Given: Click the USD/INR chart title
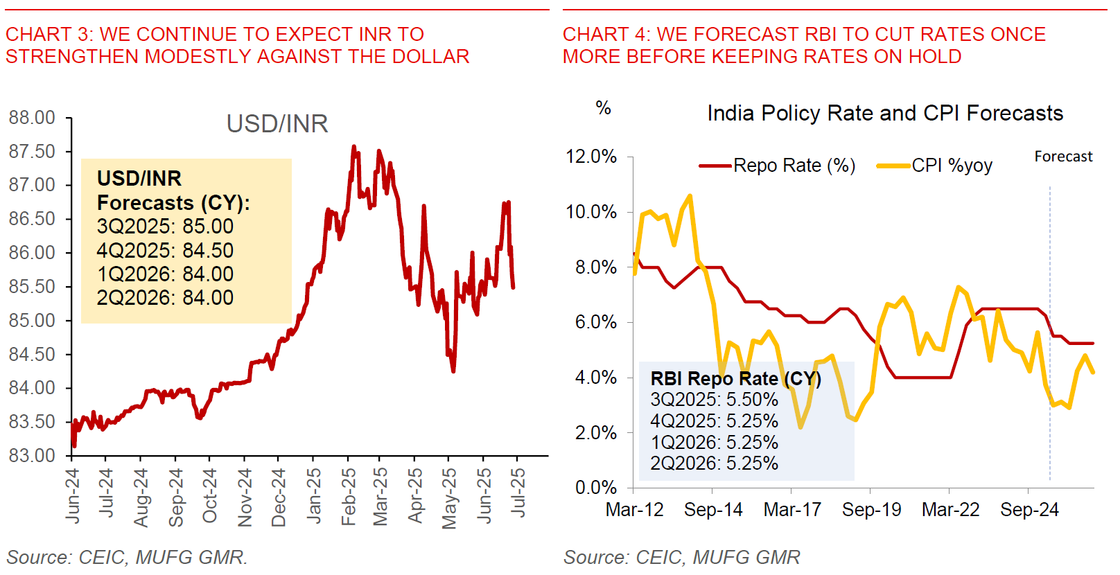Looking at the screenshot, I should (x=277, y=124).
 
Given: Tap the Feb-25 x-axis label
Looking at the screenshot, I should (x=348, y=496).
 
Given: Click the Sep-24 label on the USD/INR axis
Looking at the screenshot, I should (x=175, y=497).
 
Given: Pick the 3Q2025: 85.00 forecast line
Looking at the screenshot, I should (x=165, y=227).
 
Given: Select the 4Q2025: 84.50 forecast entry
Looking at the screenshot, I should (x=165, y=250).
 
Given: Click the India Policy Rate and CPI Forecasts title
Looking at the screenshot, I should (x=885, y=113).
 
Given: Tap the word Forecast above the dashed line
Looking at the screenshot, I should (x=1063, y=157).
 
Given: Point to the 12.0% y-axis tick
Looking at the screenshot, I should (x=591, y=157).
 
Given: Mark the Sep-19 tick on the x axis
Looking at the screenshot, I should (x=871, y=510).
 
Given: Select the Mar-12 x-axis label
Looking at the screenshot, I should (x=634, y=510).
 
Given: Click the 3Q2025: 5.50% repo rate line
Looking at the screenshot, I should (x=714, y=400).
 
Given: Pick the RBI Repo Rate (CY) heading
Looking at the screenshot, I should (x=735, y=378).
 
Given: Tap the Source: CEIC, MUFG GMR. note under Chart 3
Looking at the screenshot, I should (x=127, y=557).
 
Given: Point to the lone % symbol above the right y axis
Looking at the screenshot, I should (x=603, y=108).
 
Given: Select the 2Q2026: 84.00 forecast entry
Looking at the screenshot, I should (x=165, y=298).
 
